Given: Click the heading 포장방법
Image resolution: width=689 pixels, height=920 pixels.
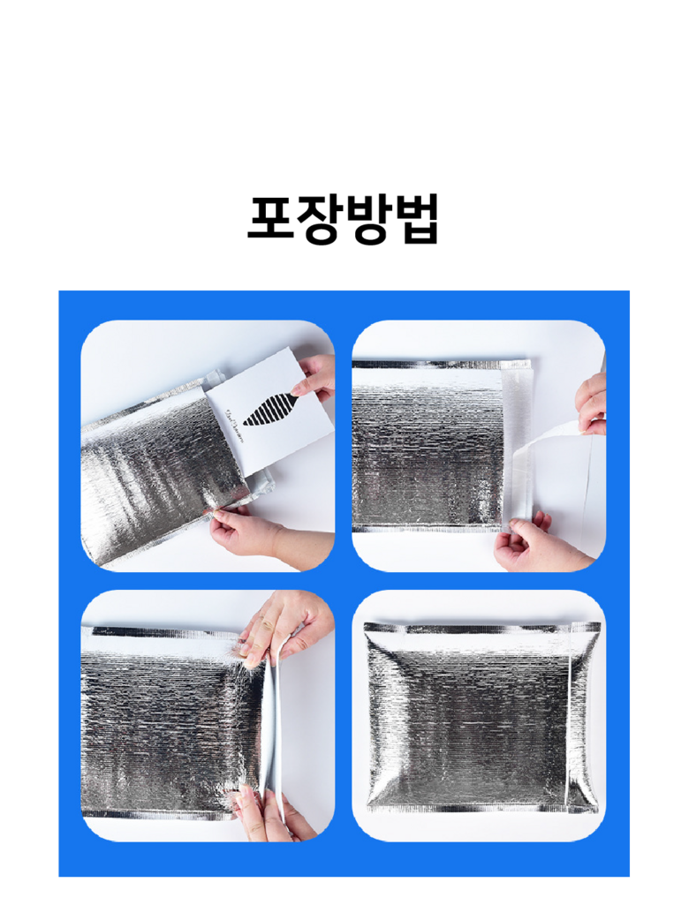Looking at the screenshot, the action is coord(344,219).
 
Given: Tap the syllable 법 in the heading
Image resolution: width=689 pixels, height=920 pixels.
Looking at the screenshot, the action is coord(416,219).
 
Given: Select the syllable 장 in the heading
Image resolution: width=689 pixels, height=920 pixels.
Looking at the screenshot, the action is coord(319,220).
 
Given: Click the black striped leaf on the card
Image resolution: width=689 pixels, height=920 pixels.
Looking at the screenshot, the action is coord(270,409).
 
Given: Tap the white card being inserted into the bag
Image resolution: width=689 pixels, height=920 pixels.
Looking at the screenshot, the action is coord(270,411).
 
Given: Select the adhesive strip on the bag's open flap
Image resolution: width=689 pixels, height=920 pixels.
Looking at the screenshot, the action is coord(517,446).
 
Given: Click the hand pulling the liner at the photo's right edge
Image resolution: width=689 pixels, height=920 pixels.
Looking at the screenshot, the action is coord(592,405).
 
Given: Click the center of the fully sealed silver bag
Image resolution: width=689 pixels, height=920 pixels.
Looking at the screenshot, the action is coord(481,717).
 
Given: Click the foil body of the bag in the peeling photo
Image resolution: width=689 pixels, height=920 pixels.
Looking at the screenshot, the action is coord(428,447).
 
